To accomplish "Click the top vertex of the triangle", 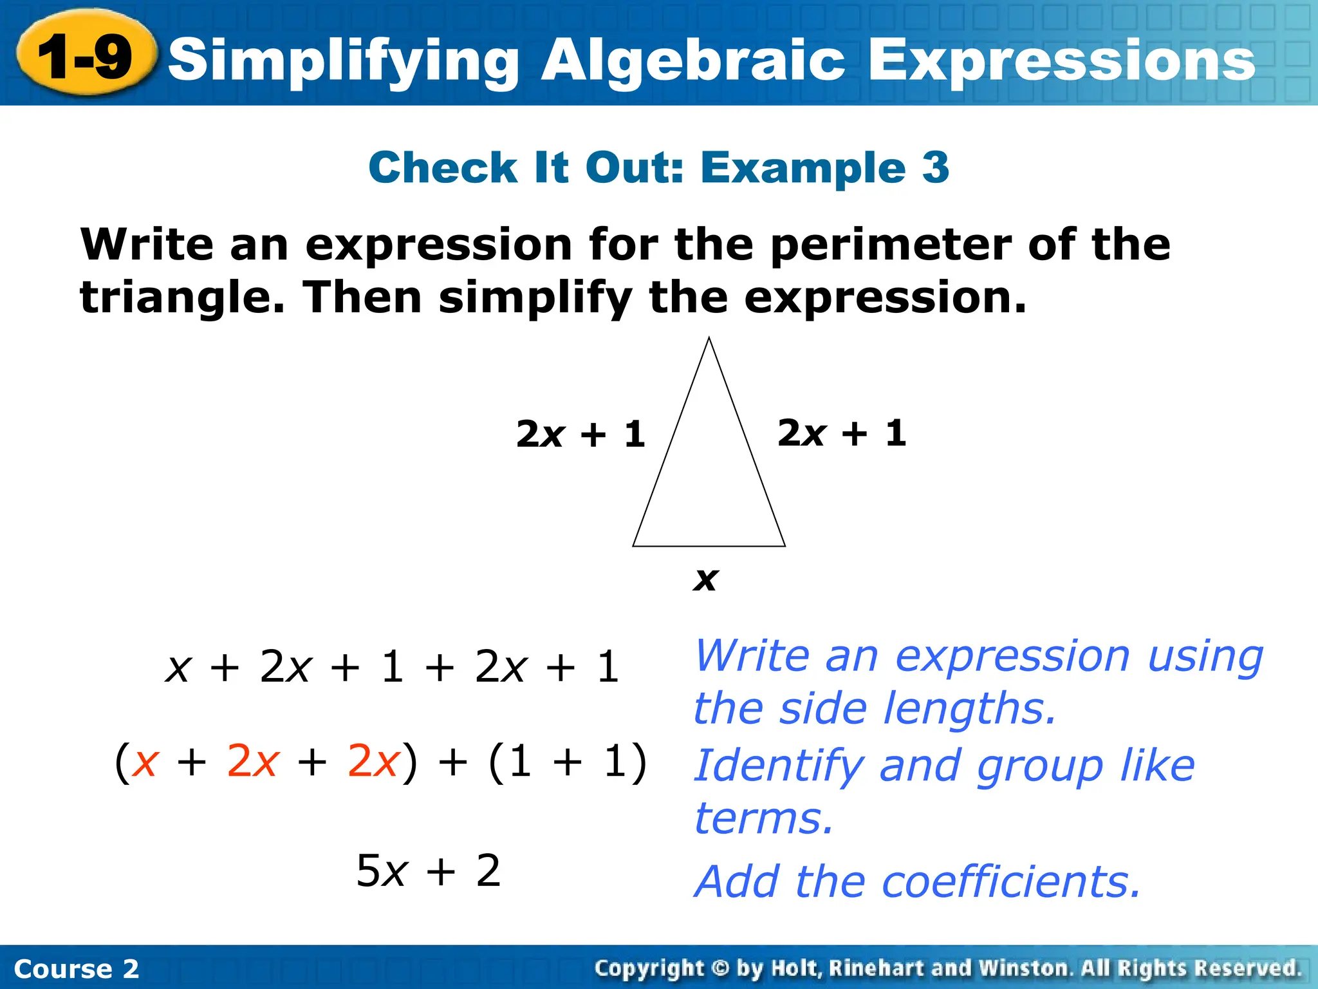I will click(709, 338).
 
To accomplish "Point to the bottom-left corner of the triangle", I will click(634, 545).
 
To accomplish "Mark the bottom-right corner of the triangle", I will click(784, 545).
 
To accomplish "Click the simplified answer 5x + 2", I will click(429, 871).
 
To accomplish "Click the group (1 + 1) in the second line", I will click(568, 762).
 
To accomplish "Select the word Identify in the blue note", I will click(778, 766).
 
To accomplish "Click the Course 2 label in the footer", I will click(76, 968).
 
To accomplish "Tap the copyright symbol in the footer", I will click(721, 968).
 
